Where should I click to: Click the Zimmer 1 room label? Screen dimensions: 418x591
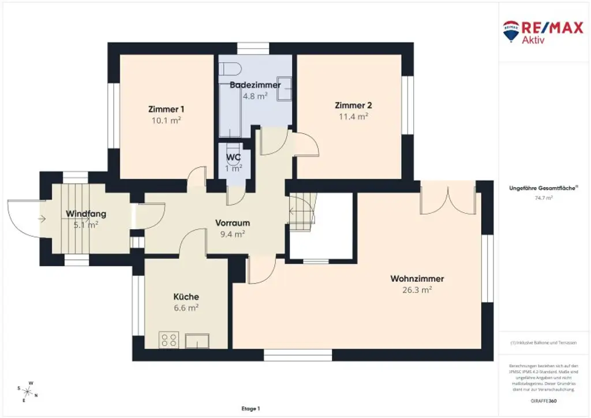[166, 109]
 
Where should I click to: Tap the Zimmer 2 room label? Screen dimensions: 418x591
[353, 105]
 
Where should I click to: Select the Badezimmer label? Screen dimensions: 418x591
[255, 85]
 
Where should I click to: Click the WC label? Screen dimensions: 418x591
[233, 157]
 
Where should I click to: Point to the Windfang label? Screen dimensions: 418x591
[86, 214]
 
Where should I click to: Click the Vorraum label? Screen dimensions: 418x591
[232, 223]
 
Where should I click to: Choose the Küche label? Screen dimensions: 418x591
[186, 297]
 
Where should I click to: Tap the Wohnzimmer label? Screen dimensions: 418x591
[417, 279]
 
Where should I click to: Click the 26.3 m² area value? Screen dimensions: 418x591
[417, 290]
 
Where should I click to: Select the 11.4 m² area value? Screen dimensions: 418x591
[353, 116]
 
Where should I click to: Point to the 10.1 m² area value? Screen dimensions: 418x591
[166, 120]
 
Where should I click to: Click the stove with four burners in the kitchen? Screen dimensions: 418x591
[169, 339]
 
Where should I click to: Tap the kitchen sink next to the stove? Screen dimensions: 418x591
[197, 341]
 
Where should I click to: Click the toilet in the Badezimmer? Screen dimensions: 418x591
[230, 68]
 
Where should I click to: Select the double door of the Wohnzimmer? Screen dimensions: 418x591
[448, 198]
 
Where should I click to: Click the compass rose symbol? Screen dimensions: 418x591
[28, 391]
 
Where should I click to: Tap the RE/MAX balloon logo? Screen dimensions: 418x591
[510, 31]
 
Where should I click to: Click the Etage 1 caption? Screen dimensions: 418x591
[251, 408]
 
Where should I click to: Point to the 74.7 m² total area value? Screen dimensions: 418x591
[544, 197]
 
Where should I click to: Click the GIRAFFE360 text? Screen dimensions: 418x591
[544, 400]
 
